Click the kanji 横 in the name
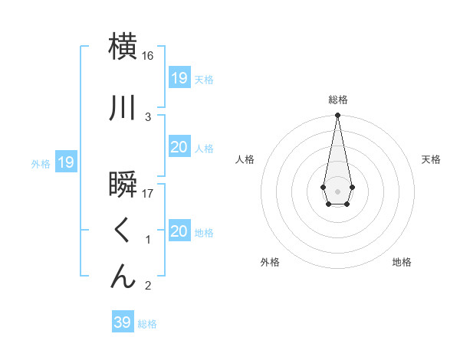tap(123, 47)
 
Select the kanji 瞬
tap(123, 187)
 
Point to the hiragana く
tap(123, 231)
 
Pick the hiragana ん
tap(123, 276)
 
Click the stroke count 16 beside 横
tap(148, 56)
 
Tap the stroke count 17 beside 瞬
tap(148, 194)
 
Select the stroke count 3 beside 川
tap(148, 116)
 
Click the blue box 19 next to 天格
tap(179, 77)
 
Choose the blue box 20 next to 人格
tap(179, 147)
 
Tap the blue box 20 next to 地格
tap(179, 231)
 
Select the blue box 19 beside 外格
tap(66, 162)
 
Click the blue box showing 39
tap(123, 322)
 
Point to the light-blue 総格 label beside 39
tap(147, 324)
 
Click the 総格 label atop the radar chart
tap(338, 100)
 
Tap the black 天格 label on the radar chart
tap(432, 159)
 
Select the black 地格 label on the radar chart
tap(402, 262)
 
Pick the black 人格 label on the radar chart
tap(245, 159)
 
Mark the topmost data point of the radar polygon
tap(337, 116)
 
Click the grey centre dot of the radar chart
tap(337, 190)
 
